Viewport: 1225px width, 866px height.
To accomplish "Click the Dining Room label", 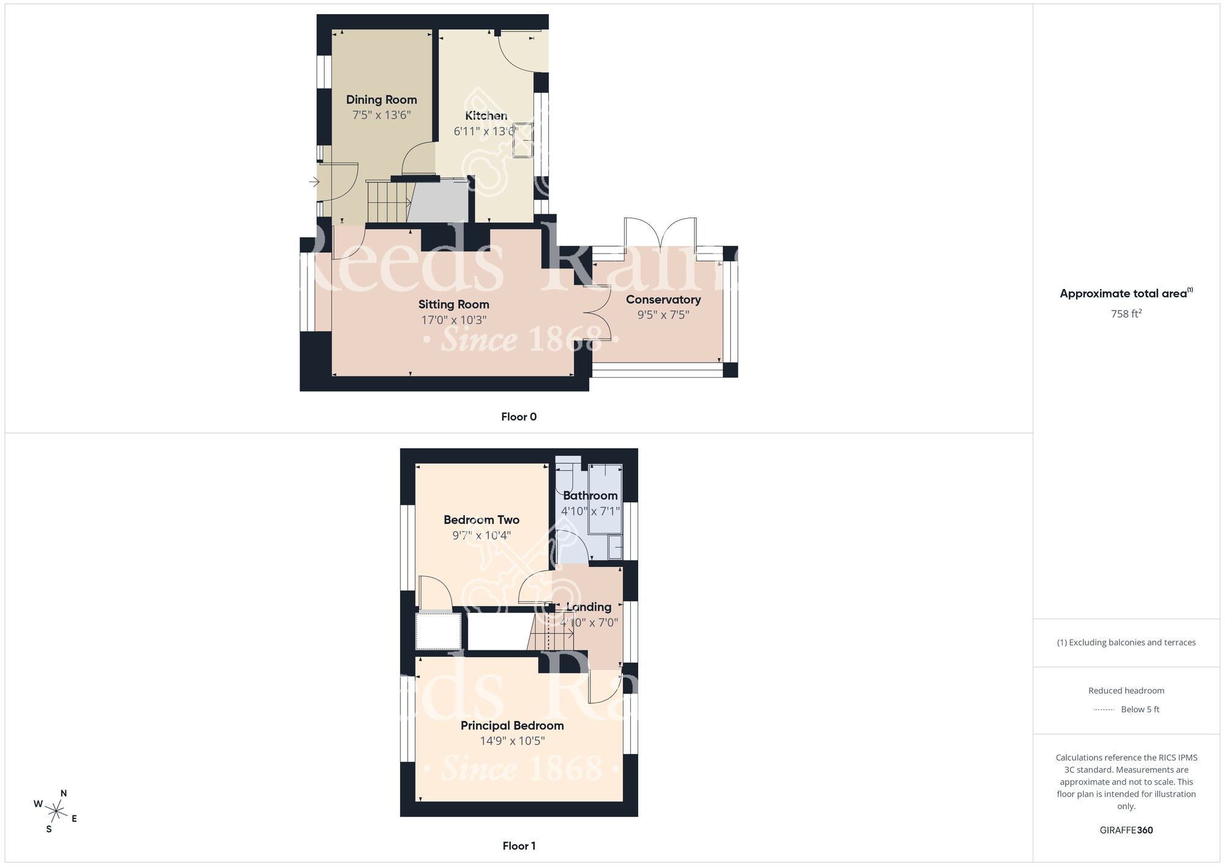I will point(381,100).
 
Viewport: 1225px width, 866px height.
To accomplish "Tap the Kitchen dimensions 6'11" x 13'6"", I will point(485,131).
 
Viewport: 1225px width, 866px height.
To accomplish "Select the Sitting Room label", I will point(453,304).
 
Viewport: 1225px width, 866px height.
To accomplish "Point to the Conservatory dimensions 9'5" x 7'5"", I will point(663,315).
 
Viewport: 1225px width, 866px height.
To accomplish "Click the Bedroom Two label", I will point(481,520).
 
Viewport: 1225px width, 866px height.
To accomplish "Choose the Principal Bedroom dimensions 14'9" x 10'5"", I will point(512,741).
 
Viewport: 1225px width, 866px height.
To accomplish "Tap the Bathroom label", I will point(590,495).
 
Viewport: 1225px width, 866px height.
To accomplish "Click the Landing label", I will point(588,607).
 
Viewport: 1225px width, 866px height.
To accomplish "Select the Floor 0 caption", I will point(518,417).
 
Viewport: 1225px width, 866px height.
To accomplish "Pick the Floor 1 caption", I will point(518,846).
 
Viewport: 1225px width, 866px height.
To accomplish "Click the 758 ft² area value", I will point(1126,314).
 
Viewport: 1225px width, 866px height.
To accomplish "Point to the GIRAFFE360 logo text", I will point(1126,830).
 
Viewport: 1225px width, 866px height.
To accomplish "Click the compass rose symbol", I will point(56,812).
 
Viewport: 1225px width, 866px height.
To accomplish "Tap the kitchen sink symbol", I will point(523,140).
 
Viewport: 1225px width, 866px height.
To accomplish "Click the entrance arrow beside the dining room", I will point(314,182).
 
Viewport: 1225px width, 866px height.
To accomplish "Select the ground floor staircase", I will point(388,201).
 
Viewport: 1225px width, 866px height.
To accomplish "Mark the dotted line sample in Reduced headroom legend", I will point(1104,710).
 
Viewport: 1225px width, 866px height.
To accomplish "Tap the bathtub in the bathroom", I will point(605,499).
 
